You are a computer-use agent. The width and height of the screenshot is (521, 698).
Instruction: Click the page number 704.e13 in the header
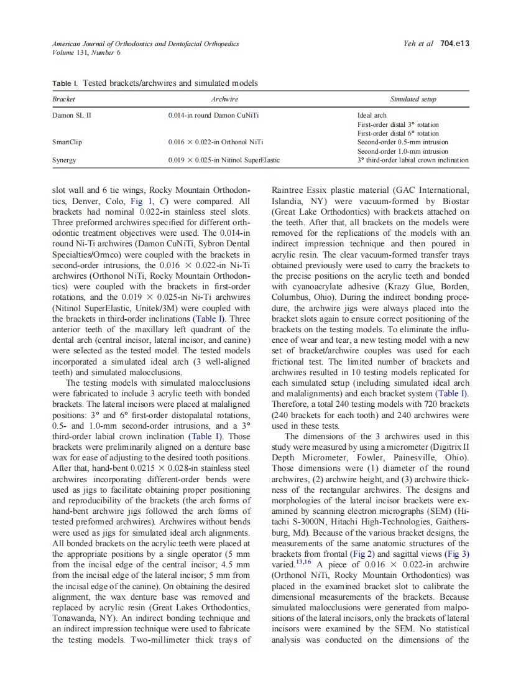click(x=454, y=44)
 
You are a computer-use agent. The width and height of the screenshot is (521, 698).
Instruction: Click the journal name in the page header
click(x=145, y=44)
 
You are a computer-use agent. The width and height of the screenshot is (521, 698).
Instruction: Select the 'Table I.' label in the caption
click(x=65, y=83)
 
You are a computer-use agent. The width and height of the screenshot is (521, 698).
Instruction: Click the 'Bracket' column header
click(x=63, y=99)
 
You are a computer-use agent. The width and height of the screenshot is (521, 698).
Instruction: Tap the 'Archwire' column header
click(x=224, y=99)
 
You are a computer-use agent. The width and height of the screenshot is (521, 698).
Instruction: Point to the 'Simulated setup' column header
click(x=413, y=99)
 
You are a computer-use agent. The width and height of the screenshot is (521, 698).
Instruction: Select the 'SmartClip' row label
click(x=67, y=142)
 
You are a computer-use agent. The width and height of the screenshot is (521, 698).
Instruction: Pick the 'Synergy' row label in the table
click(x=65, y=160)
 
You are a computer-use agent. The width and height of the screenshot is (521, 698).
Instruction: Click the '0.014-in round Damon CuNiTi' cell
click(x=214, y=116)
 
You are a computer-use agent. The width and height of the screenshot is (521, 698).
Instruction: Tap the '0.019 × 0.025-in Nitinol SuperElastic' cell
click(x=224, y=160)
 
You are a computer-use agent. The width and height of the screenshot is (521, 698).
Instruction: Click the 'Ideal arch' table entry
click(x=372, y=116)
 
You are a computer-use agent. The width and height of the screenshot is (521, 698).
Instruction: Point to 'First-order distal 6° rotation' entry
click(x=398, y=133)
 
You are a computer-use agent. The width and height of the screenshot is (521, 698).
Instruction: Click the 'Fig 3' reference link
click(x=457, y=552)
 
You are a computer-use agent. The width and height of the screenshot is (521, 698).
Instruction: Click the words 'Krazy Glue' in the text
click(x=397, y=286)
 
